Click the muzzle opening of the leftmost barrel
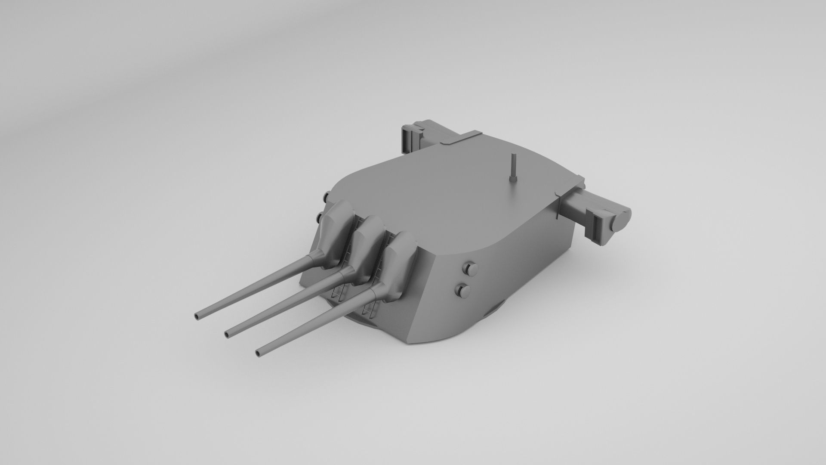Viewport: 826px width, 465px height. pyautogui.click(x=197, y=316)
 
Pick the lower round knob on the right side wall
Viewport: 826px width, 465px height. pyautogui.click(x=464, y=291)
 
